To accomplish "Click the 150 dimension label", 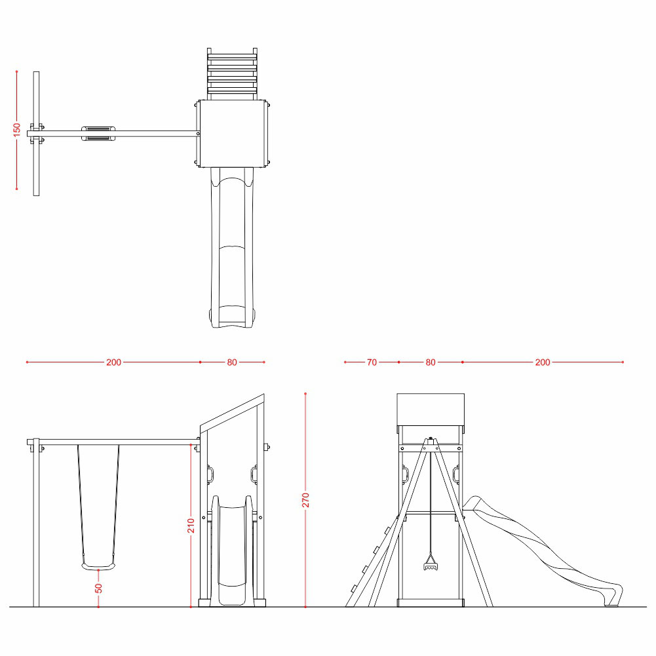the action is point(17,129).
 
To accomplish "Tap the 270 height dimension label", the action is point(305,500).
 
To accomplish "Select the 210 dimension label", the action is point(191,526).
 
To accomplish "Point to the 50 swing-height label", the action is point(98,588).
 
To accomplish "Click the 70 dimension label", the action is point(372,362).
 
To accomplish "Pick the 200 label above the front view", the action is point(113,362).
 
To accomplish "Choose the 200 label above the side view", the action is point(543,362).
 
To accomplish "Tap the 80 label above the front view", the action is point(232,362).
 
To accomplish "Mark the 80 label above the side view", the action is point(431,362).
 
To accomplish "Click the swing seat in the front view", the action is point(98,566).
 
